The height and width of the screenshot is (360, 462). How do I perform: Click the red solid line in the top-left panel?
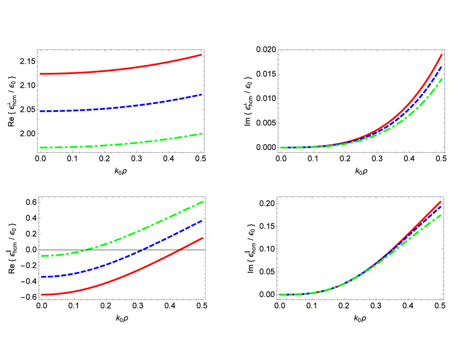[x=121, y=69]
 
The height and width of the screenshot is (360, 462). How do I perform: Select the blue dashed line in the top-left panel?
[x=121, y=107]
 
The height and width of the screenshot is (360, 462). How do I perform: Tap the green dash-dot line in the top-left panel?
[x=121, y=144]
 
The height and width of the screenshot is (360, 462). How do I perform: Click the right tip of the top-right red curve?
[x=442, y=54]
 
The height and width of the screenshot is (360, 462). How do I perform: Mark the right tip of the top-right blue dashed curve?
[x=441, y=67]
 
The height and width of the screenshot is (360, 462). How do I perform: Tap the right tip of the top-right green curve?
[x=442, y=78]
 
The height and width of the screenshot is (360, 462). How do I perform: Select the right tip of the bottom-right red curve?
[x=441, y=202]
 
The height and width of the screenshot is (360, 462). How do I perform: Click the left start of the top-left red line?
[x=41, y=74]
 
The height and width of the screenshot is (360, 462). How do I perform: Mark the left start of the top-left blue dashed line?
[x=41, y=111]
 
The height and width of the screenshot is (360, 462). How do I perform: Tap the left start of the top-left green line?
[x=41, y=148]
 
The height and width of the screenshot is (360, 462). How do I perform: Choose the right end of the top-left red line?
[x=201, y=54]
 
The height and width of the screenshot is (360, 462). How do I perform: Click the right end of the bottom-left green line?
[x=203, y=202]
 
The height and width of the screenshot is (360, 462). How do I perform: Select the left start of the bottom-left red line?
[x=42, y=295]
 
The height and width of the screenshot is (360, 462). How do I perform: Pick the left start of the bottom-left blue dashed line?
[x=42, y=277]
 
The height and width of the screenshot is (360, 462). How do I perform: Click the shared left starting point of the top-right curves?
[x=281, y=148]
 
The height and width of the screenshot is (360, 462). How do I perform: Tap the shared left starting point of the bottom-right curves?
[x=280, y=295]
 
